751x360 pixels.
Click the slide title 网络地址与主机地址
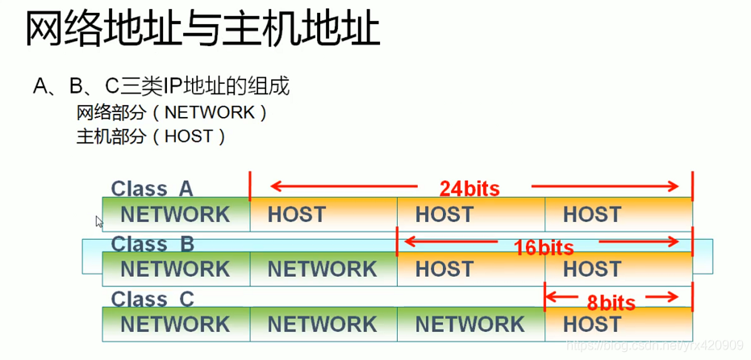202,30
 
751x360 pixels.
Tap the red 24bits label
469,189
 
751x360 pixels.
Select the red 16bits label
544,248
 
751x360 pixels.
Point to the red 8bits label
611,303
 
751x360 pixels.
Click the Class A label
152,189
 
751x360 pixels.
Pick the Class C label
152,299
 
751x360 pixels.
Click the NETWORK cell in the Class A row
175,215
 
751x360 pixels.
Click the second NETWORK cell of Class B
323,269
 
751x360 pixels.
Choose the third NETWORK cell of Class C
470,324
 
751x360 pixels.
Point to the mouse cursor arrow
99,221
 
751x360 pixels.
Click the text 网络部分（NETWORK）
171,112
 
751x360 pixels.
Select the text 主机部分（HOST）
151,136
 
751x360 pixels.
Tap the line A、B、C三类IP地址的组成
161,86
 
